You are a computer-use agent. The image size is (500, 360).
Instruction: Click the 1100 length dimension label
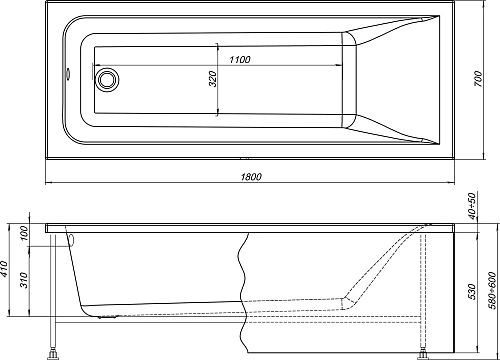point(238,60)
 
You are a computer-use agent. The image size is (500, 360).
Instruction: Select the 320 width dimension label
point(211,80)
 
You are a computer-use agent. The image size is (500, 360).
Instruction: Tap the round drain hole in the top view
point(106,79)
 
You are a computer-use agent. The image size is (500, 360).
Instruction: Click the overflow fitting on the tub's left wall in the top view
point(66,73)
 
